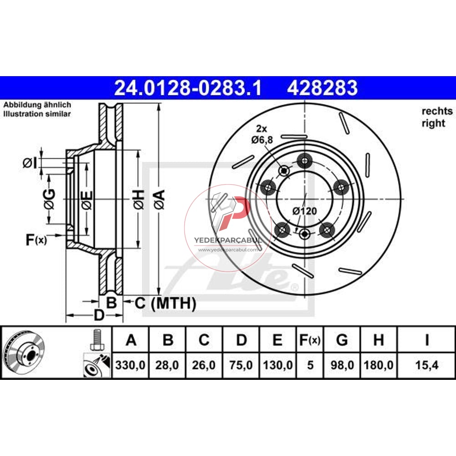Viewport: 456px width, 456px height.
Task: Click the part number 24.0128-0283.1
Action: click(x=188, y=88)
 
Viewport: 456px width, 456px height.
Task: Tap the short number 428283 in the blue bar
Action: click(x=322, y=88)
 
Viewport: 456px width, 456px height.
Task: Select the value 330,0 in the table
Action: click(x=130, y=365)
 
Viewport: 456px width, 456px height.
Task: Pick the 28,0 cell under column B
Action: click(x=167, y=365)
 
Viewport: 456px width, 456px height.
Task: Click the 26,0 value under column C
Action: click(x=203, y=365)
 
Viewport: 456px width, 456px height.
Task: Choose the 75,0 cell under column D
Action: click(x=241, y=365)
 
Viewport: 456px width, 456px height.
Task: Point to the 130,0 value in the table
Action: click(x=278, y=365)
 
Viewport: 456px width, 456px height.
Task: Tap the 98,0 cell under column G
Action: click(x=342, y=365)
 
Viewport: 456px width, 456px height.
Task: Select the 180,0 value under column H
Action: click(x=378, y=365)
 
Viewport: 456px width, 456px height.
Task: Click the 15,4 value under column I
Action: click(x=427, y=365)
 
